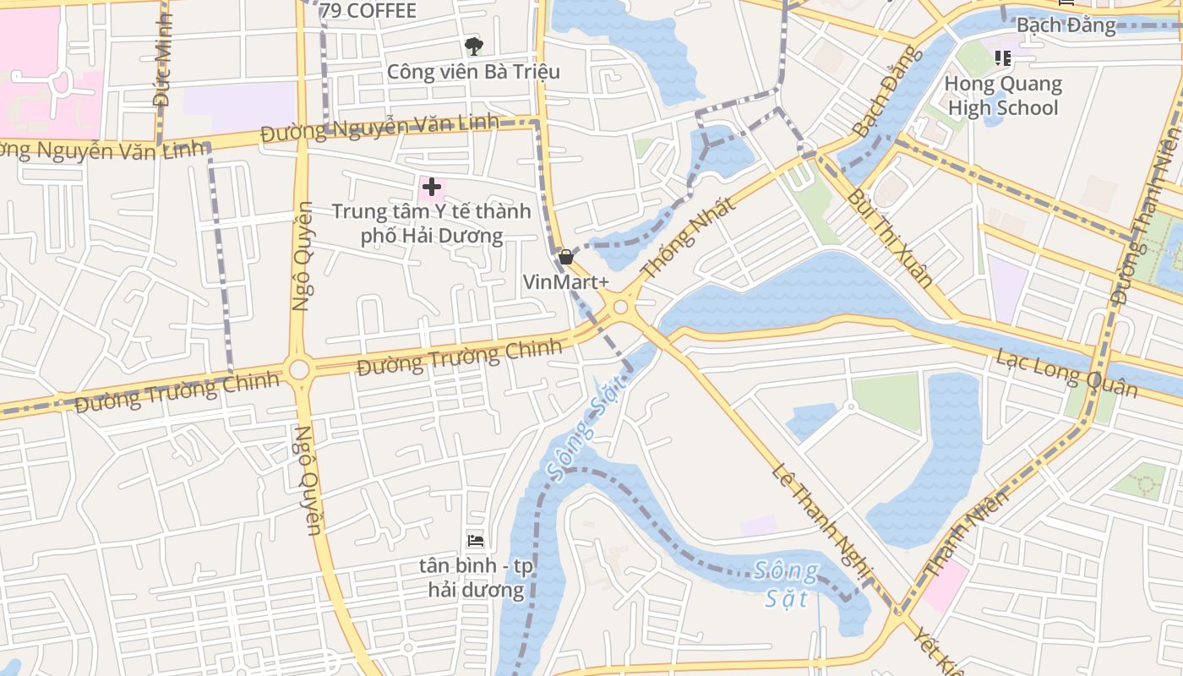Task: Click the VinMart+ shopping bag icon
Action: tap(566, 257)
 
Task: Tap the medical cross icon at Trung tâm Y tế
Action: tap(432, 187)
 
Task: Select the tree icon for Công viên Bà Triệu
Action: tap(474, 46)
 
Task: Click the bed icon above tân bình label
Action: tap(476, 541)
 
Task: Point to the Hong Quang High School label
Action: tap(1003, 95)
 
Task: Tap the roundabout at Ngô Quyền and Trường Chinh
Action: tap(298, 369)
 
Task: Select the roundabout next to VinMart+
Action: tap(621, 308)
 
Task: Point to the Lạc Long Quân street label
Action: tap(1066, 372)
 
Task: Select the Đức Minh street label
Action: tap(162, 59)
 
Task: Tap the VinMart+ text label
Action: tap(566, 282)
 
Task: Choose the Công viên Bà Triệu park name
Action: tap(473, 72)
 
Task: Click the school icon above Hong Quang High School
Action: tap(1003, 57)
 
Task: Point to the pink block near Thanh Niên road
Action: tap(945, 586)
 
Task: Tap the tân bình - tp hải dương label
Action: tap(476, 577)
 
